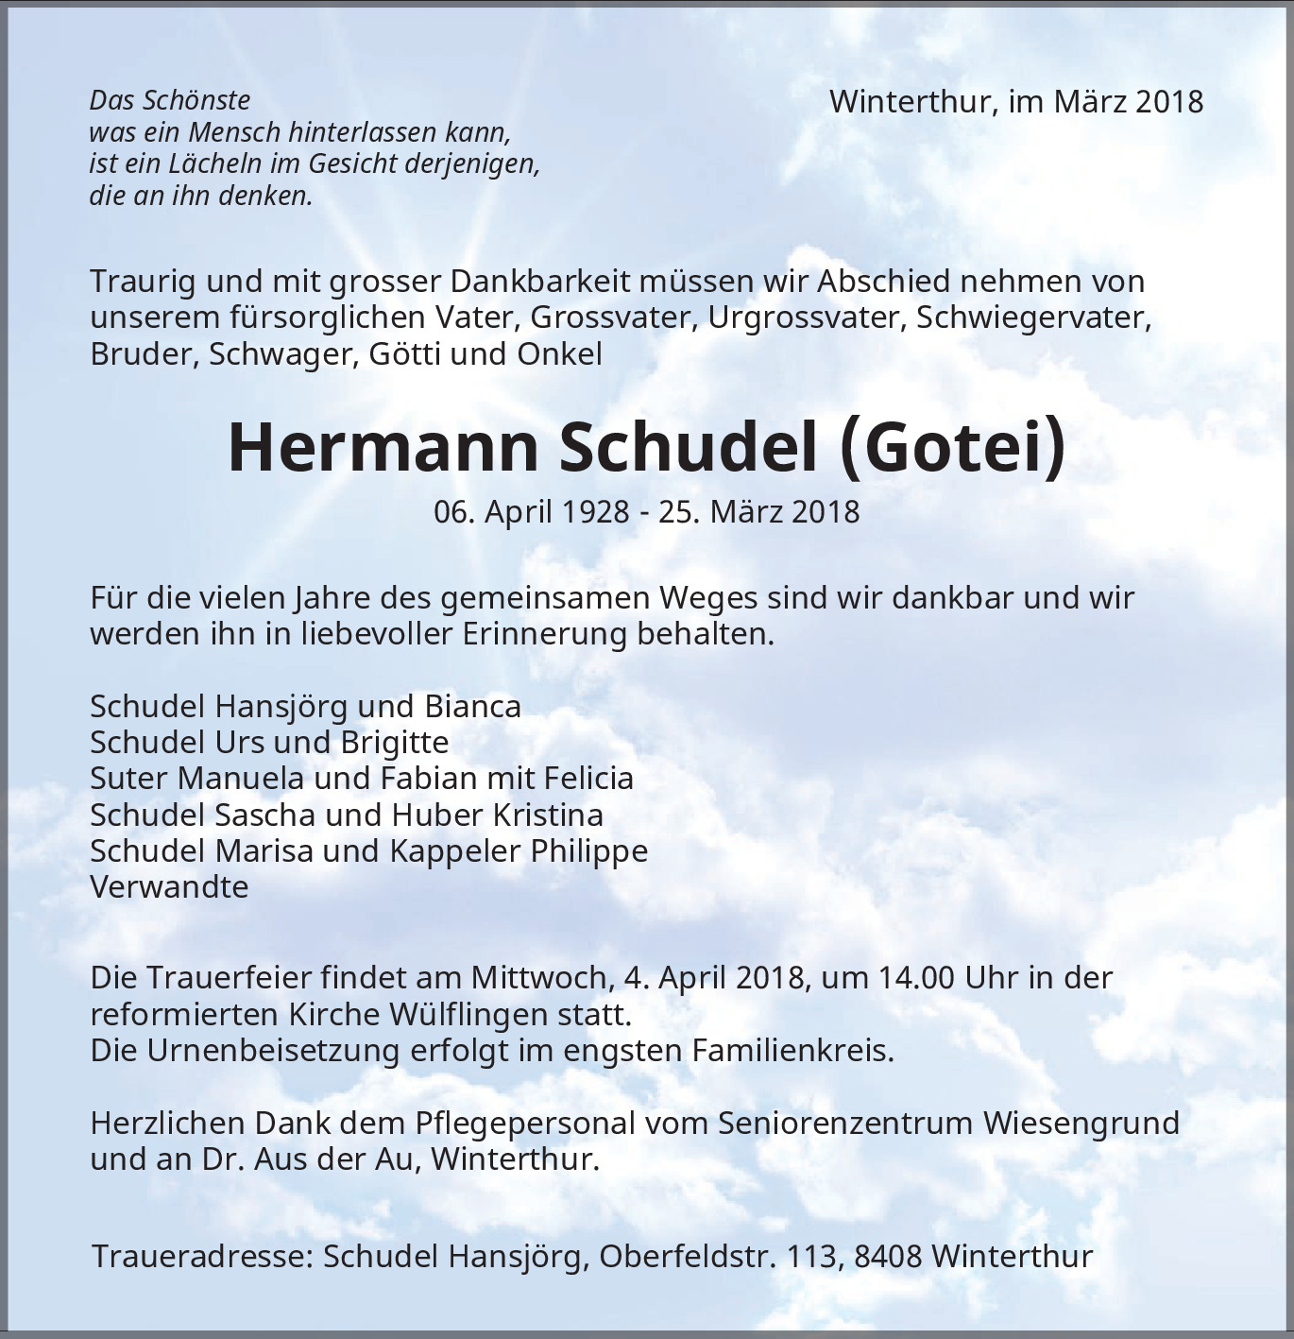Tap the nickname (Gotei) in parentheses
[x=952, y=447]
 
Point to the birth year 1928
[x=595, y=512]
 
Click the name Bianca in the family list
[x=472, y=706]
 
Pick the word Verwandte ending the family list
[x=169, y=886]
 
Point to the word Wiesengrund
[x=1081, y=1123]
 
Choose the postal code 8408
[x=888, y=1257]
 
